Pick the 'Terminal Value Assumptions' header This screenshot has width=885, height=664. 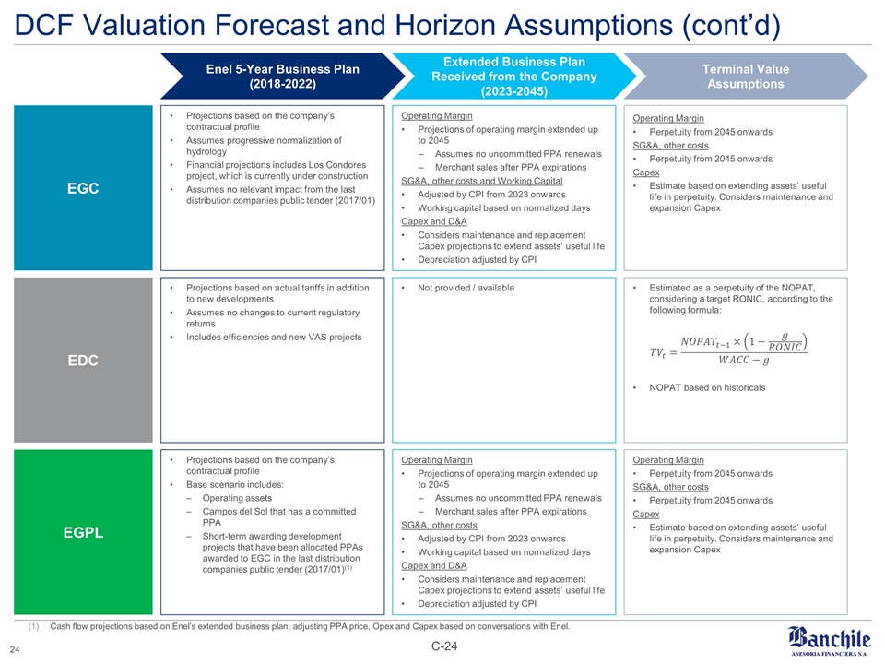click(x=746, y=77)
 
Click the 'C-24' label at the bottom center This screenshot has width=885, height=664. click(x=442, y=646)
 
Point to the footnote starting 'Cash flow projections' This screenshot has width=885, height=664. click(x=309, y=627)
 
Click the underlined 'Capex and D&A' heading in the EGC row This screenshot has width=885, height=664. click(x=434, y=220)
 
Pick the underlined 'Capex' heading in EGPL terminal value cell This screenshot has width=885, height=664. click(x=645, y=514)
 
